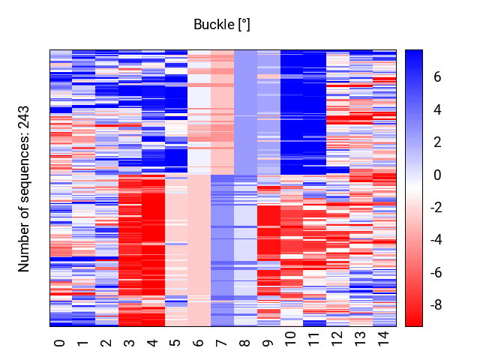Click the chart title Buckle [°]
(222, 25)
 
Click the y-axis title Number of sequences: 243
(23, 189)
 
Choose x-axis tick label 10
(291, 338)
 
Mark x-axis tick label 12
(337, 338)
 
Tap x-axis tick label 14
(383, 338)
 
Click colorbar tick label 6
(437, 76)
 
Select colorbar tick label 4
(437, 109)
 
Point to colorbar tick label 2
(437, 142)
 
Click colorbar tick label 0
(437, 175)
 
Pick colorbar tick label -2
(436, 208)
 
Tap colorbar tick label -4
(436, 239)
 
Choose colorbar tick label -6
(436, 272)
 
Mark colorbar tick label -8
(436, 305)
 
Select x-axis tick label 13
(360, 338)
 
